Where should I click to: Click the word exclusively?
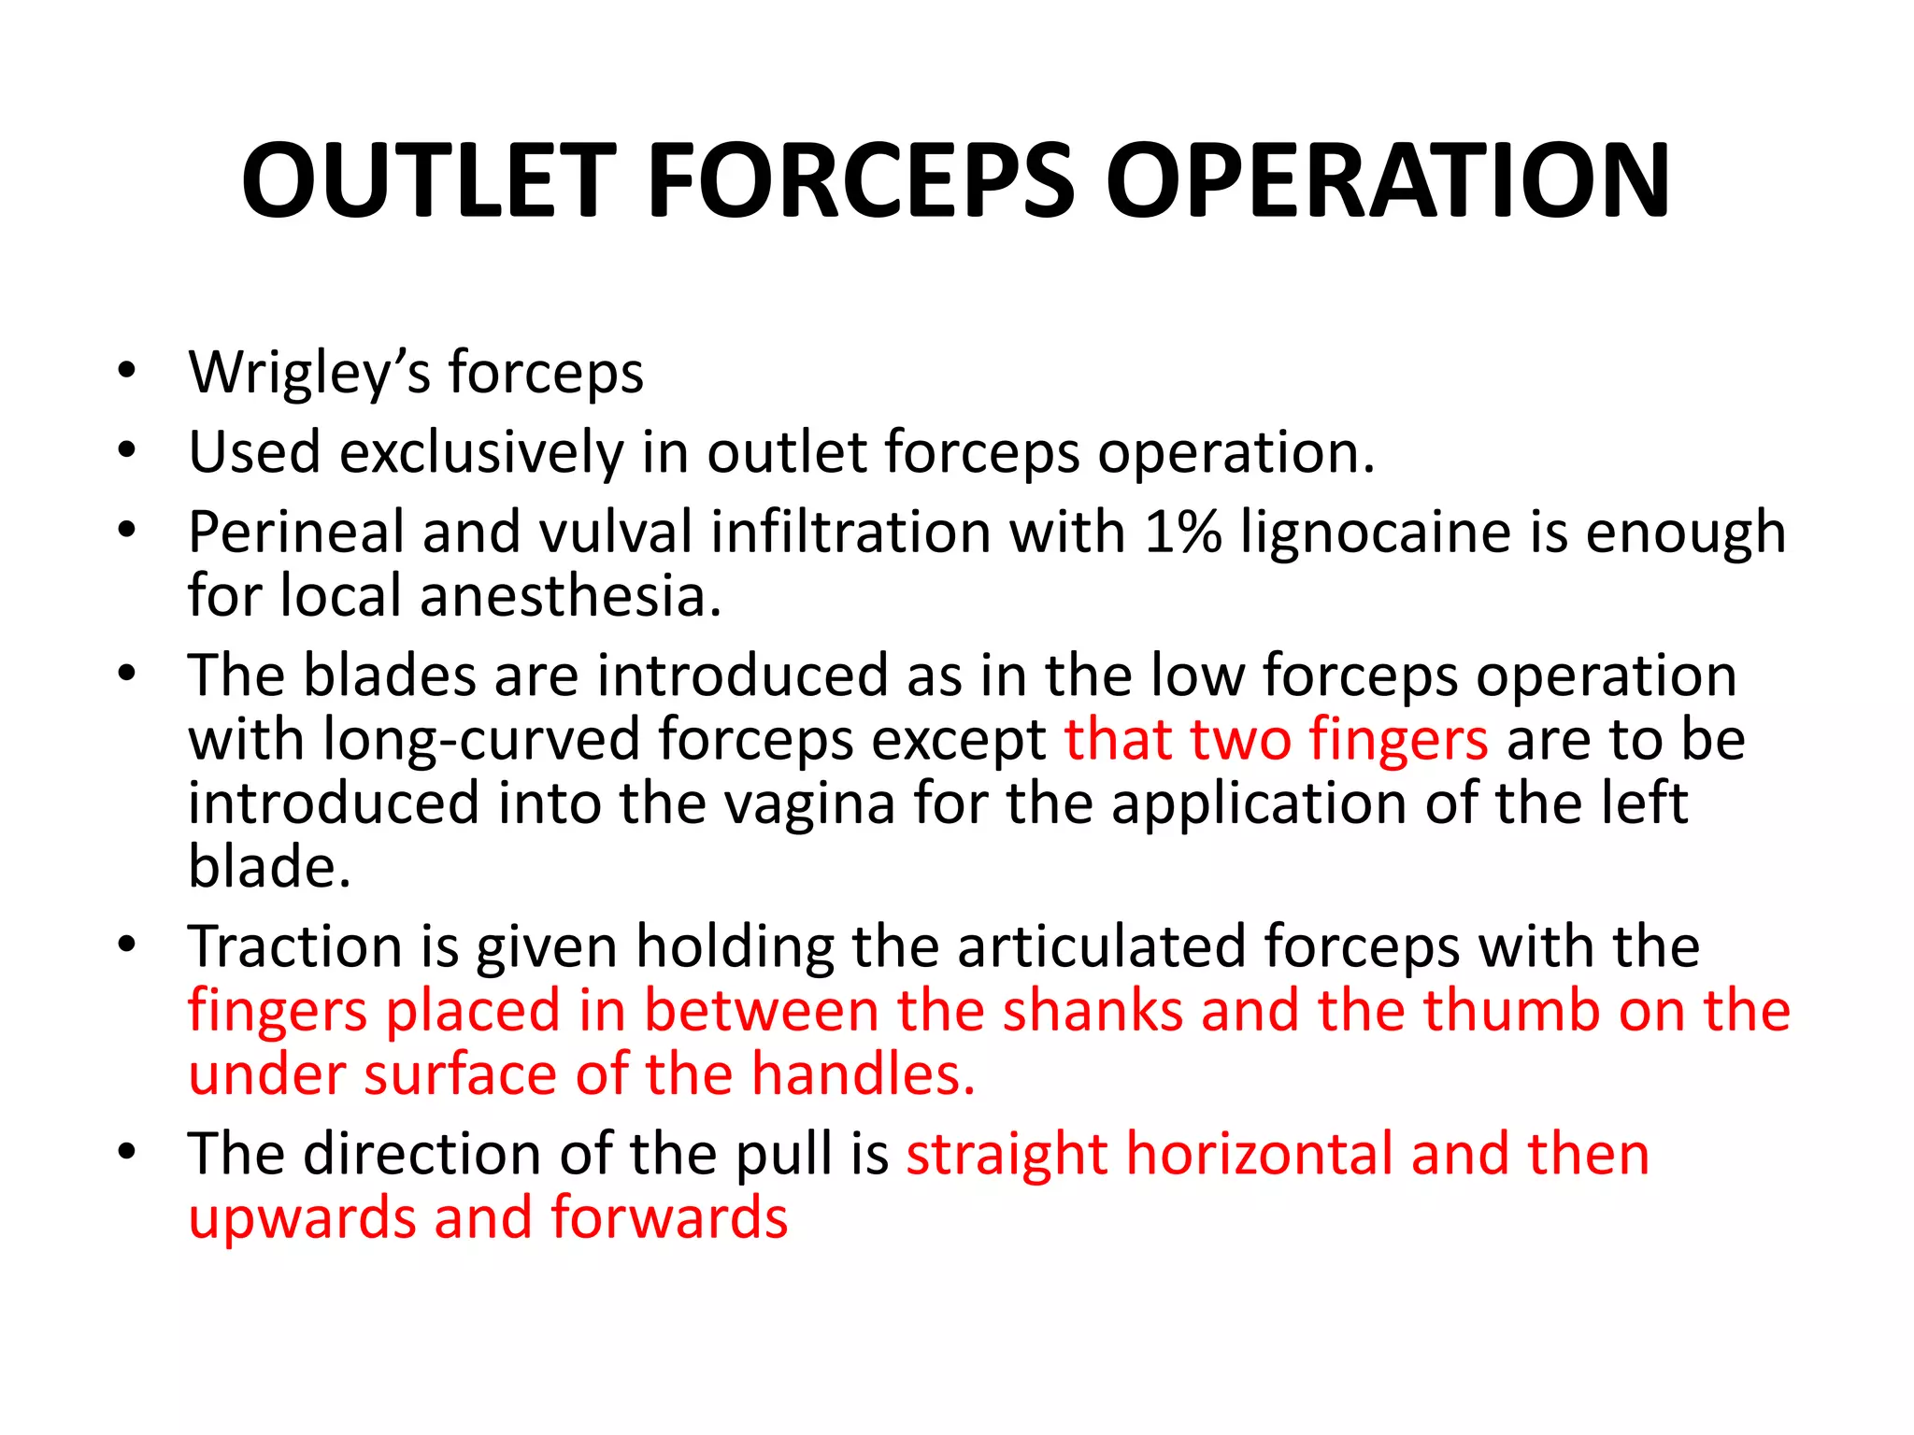point(481,453)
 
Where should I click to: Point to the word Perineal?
point(295,533)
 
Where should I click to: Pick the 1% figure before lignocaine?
point(1182,533)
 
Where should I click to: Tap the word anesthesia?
point(571,596)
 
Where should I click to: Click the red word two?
point(1241,739)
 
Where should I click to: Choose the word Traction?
point(295,946)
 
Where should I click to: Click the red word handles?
point(864,1074)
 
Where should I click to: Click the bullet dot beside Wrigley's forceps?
point(127,371)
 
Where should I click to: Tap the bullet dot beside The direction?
point(127,1152)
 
